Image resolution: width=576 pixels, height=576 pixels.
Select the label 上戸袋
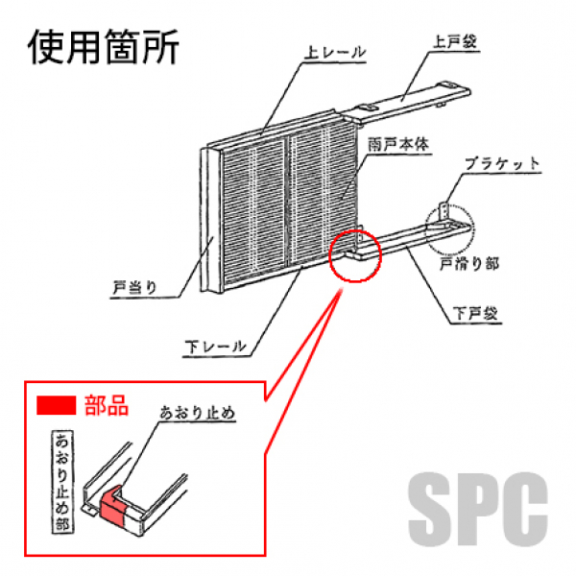[456, 42]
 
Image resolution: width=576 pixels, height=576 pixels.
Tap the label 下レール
[216, 345]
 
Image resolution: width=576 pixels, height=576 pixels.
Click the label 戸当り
[134, 286]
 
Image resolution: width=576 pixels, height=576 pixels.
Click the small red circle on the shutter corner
[355, 256]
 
